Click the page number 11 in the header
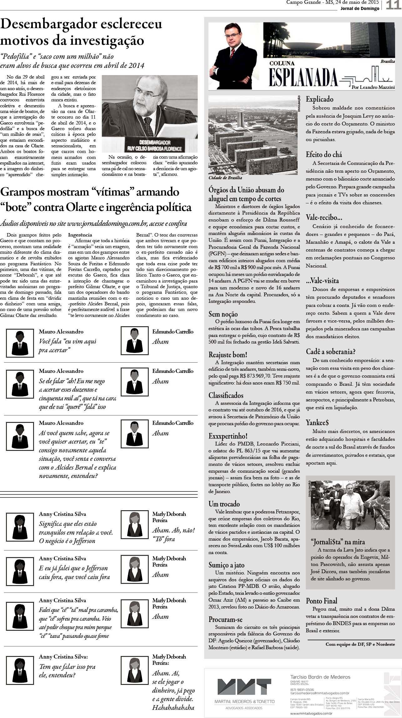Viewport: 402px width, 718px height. (x=393, y=5)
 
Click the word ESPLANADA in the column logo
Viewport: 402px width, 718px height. (x=303, y=77)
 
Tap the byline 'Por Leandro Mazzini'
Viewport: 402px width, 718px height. (x=373, y=87)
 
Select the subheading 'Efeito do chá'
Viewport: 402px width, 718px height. (x=324, y=154)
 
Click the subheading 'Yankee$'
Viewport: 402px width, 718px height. (x=317, y=422)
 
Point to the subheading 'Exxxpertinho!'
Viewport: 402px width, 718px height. (x=228, y=436)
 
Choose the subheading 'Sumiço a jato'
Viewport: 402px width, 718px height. (x=226, y=565)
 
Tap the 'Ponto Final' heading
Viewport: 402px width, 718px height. (x=321, y=601)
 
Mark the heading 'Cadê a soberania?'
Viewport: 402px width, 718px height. (x=331, y=352)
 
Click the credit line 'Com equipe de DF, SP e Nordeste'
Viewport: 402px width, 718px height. (x=360, y=644)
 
